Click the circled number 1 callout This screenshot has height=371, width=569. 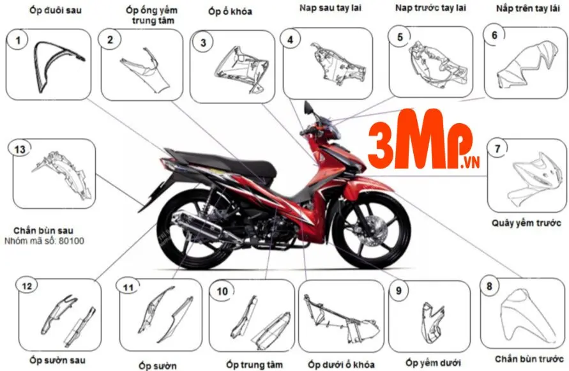pos(19,42)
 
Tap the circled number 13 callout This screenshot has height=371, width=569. pos(20,149)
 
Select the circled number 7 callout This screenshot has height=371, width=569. pos(497,148)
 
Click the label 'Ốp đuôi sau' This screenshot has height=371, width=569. pos(56,10)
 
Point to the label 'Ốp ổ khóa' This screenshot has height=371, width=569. pos(231,11)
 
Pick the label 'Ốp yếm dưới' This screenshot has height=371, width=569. pos(433,363)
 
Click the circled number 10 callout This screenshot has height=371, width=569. pos(222,291)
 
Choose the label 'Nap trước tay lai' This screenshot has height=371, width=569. pos(430,8)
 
